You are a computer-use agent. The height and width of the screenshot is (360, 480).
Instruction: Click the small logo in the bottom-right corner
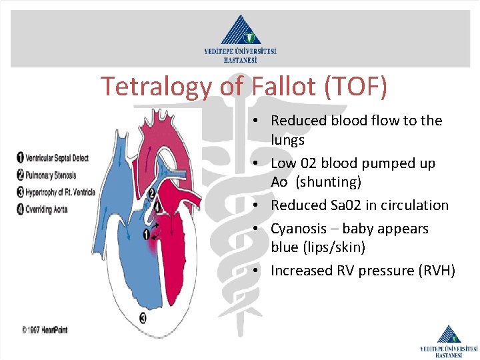pyautogui.click(x=448, y=340)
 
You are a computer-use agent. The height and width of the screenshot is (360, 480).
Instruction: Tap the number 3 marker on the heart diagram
pyautogui.click(x=143, y=318)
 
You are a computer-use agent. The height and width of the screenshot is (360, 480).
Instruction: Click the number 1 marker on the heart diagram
pyautogui.click(x=146, y=234)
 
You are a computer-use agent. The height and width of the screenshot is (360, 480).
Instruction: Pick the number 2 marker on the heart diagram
pyautogui.click(x=151, y=194)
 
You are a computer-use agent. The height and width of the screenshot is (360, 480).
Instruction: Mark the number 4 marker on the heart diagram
pyautogui.click(x=157, y=207)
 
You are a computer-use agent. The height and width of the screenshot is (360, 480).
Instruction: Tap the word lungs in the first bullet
pyautogui.click(x=287, y=140)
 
